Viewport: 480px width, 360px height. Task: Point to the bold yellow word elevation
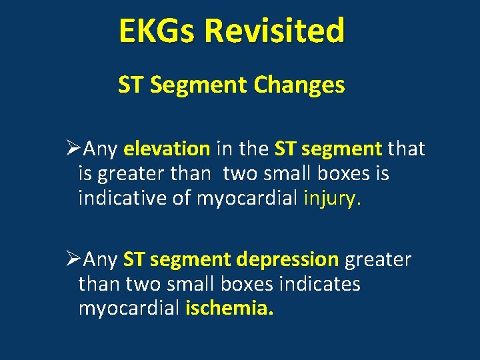point(167,149)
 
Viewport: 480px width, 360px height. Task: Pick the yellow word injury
point(332,199)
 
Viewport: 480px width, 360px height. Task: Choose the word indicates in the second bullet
point(318,285)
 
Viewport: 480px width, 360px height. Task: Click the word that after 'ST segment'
point(406,149)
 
